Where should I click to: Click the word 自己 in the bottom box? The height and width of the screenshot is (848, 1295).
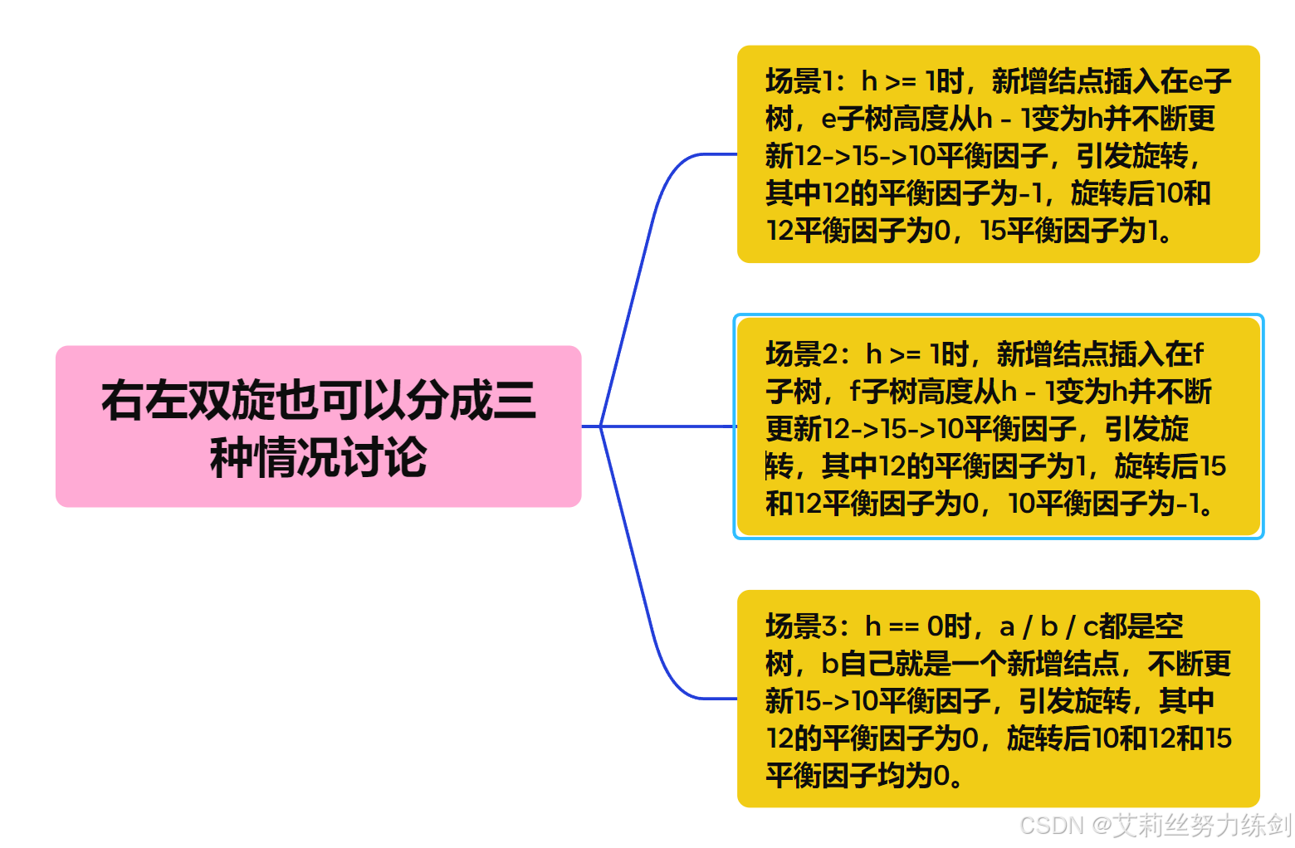click(868, 664)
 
